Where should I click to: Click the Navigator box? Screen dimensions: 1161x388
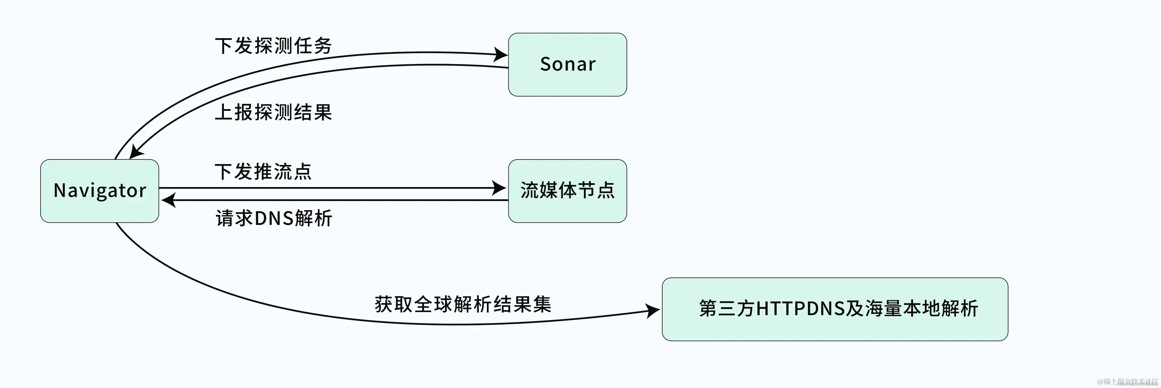pyautogui.click(x=99, y=191)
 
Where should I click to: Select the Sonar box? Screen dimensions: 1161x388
pyautogui.click(x=567, y=64)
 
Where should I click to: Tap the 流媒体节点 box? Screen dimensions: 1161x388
pyautogui.click(x=567, y=191)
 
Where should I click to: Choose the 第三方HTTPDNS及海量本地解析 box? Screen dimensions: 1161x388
pyautogui.click(x=835, y=309)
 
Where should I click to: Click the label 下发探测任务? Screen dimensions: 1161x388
pyautogui.click(x=274, y=46)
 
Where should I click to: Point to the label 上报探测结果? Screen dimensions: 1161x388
pyautogui.click(x=274, y=112)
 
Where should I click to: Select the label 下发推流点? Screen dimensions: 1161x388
pyautogui.click(x=263, y=171)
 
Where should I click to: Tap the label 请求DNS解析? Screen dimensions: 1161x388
pyautogui.click(x=274, y=218)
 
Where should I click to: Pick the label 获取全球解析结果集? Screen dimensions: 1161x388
pyautogui.click(x=463, y=304)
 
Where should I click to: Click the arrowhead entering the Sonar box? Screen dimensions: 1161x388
pyautogui.click(x=501, y=55)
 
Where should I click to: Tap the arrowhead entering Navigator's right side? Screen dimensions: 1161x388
pyautogui.click(x=169, y=200)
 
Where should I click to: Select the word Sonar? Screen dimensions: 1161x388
pyautogui.click(x=567, y=64)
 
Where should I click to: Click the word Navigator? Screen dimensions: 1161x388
pyautogui.click(x=99, y=191)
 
